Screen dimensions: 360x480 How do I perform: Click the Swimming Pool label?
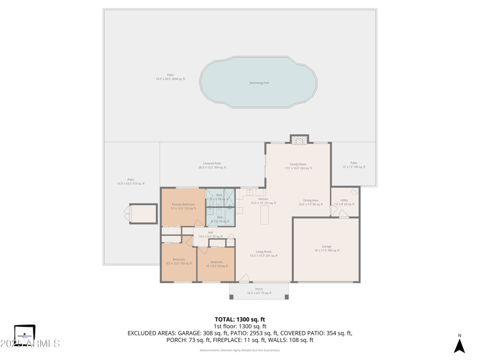259,83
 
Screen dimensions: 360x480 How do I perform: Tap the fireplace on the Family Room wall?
298,140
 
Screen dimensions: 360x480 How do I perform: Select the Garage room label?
327,248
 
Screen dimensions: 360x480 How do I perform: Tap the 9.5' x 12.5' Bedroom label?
179,261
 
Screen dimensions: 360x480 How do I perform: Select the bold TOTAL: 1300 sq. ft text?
240,319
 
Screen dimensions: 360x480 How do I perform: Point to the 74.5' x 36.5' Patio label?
171,77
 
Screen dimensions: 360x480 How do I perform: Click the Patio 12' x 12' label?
353,165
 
